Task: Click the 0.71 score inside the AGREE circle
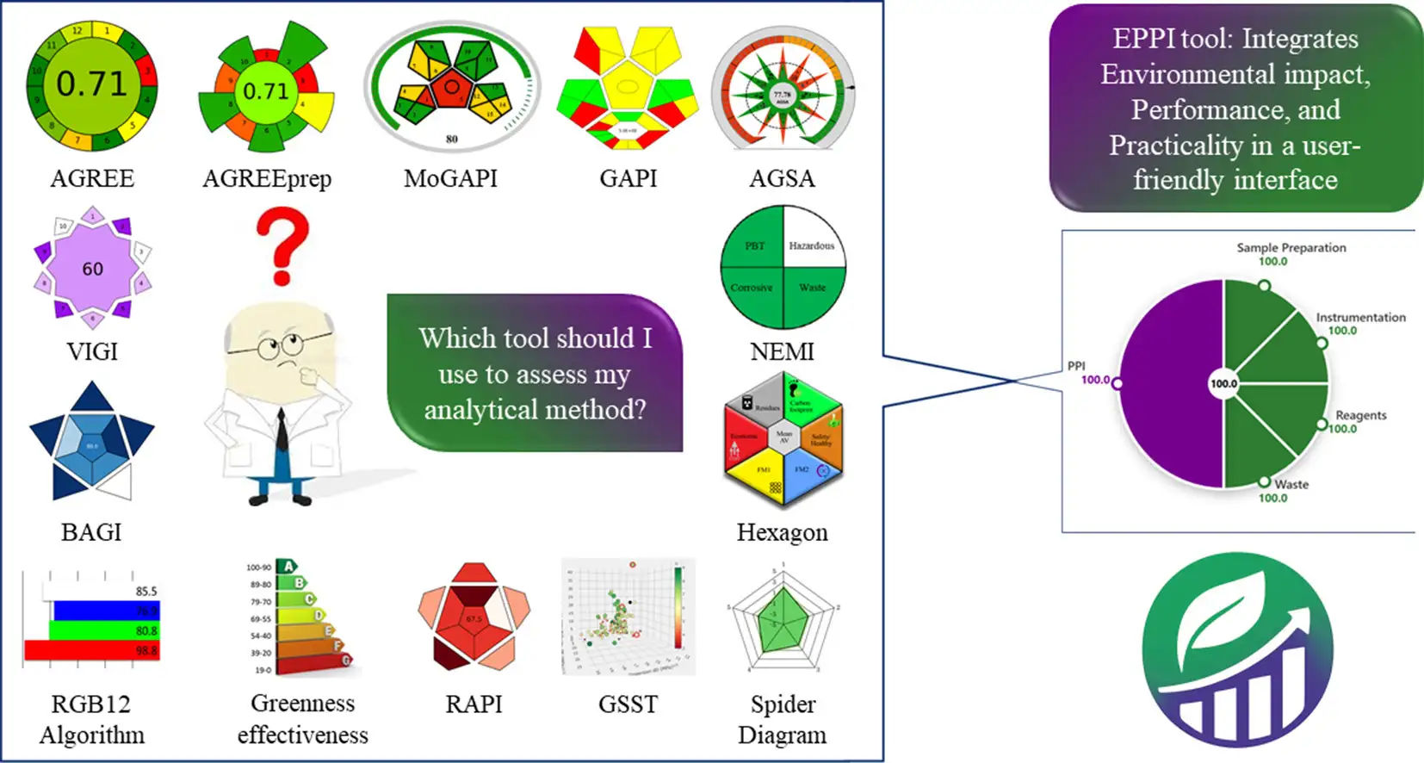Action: pyautogui.click(x=91, y=84)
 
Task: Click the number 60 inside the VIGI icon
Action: pyautogui.click(x=92, y=270)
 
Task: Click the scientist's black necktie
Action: pyautogui.click(x=282, y=431)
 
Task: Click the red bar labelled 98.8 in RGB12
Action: pyautogui.click(x=90, y=650)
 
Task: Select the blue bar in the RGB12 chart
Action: pyautogui.click(x=103, y=611)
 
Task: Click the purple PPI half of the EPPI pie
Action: pyautogui.click(x=1171, y=383)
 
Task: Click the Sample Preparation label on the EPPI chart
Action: pyautogui.click(x=1291, y=247)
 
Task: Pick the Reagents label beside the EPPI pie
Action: pyautogui.click(x=1360, y=415)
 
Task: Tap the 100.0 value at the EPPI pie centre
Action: pyautogui.click(x=1223, y=383)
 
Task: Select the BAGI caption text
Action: pyautogui.click(x=91, y=532)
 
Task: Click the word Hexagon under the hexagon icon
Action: pyautogui.click(x=782, y=532)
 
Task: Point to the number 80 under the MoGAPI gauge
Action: pyautogui.click(x=452, y=139)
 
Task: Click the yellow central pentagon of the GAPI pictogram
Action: pyautogui.click(x=628, y=86)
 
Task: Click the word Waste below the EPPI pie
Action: pyautogui.click(x=1291, y=485)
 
